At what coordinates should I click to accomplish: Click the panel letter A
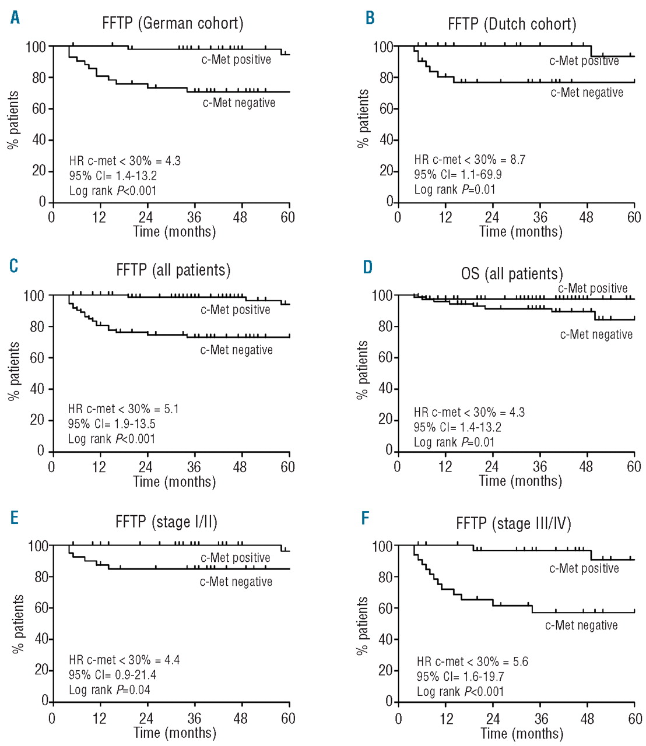tap(15, 17)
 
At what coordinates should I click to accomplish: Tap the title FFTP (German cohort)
tap(173, 23)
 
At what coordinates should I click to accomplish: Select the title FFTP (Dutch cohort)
tap(512, 24)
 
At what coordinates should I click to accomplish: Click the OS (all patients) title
tap(512, 273)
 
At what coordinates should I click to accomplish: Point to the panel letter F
tap(366, 518)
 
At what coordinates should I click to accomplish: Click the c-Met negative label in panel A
tap(239, 103)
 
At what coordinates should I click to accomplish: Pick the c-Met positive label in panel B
tap(584, 61)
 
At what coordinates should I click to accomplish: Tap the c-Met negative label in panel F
tap(581, 625)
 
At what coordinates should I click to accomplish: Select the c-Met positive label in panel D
tap(592, 288)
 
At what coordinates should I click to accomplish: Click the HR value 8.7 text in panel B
tap(469, 160)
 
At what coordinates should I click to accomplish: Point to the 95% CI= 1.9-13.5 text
tap(111, 424)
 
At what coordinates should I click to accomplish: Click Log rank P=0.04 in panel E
tap(110, 690)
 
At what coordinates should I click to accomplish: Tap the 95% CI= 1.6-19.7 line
tap(460, 677)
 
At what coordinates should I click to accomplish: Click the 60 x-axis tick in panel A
tap(287, 218)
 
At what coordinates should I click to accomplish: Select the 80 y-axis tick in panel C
tap(37, 327)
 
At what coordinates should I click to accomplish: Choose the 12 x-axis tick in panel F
tap(446, 719)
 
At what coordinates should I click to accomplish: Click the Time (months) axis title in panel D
tap(520, 481)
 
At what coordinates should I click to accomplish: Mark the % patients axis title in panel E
tap(18, 624)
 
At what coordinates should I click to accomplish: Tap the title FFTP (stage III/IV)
tap(513, 524)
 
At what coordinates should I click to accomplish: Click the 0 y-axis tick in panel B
tap(389, 202)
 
